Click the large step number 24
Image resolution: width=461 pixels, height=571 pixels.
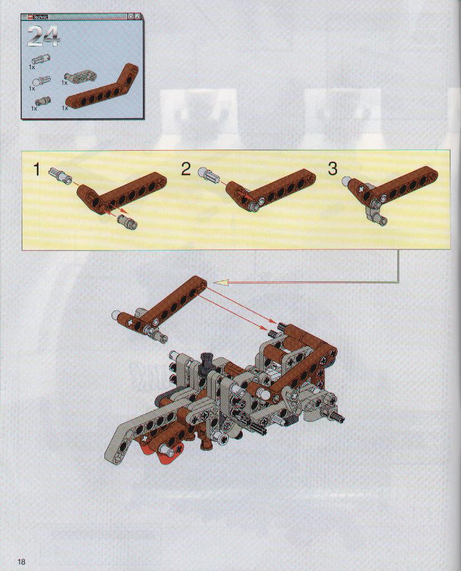43,37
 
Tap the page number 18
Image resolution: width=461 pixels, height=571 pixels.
21,561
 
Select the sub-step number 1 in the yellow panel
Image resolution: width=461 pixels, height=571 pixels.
37,169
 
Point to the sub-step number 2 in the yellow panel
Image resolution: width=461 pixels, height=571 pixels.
186,169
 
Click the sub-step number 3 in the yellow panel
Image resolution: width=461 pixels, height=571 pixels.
333,169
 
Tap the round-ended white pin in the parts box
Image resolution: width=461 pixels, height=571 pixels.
42,80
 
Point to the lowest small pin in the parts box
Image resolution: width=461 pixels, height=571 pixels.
42,102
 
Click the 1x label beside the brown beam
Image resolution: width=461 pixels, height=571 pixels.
65,108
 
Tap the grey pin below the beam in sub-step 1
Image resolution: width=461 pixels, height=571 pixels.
127,220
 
